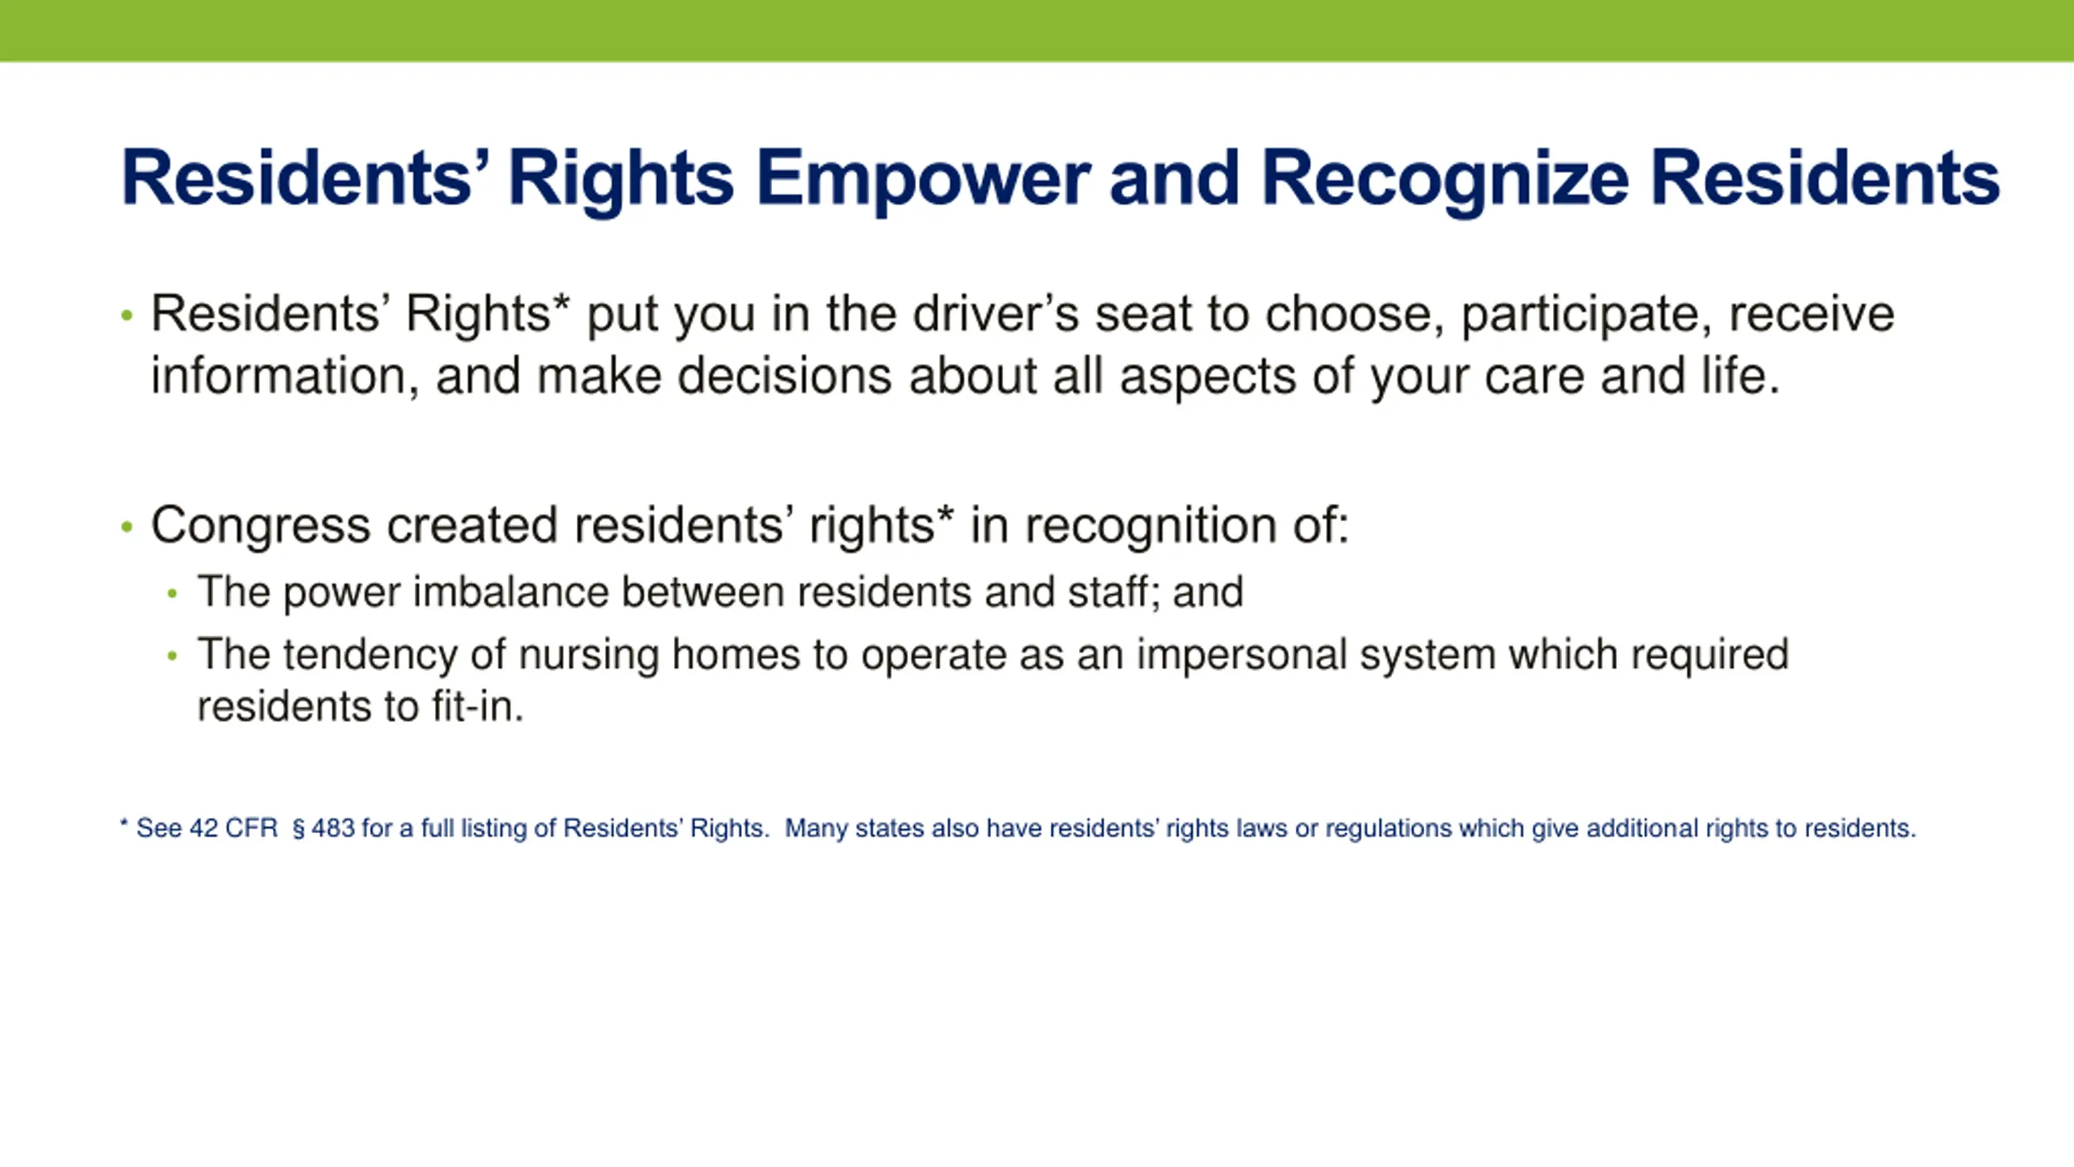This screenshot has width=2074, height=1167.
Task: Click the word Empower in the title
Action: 924,180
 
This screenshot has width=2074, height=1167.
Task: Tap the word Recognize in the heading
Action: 1445,180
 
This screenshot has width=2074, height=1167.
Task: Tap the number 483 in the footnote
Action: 333,828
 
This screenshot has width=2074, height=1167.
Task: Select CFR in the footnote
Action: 251,828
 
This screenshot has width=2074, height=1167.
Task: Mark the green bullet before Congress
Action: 126,528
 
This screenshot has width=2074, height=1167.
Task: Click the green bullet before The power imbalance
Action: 172,594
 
